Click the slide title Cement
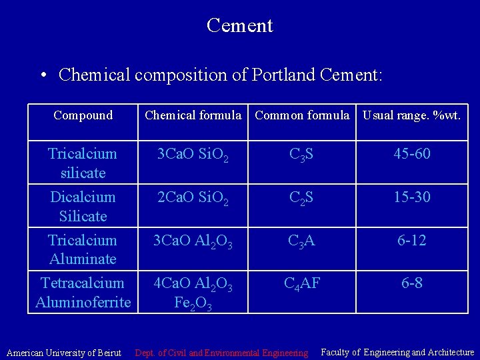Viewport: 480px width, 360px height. point(239,25)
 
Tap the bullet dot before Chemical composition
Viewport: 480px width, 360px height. point(43,75)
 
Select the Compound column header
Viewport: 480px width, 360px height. point(83,115)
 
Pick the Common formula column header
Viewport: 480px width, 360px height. point(302,115)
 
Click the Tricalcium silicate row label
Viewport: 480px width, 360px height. point(83,163)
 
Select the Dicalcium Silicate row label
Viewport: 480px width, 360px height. point(83,206)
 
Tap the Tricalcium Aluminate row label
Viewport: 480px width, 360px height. point(83,249)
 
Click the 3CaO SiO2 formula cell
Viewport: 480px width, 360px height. point(193,155)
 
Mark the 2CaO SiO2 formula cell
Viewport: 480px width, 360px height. point(193,198)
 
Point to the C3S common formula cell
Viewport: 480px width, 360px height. point(302,155)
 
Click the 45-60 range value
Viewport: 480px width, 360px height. point(411,155)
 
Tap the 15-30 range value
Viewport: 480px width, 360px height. point(411,197)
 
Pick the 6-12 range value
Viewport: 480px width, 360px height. point(411,240)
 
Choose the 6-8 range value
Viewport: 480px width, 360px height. point(411,284)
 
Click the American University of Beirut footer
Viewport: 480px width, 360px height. point(65,352)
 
